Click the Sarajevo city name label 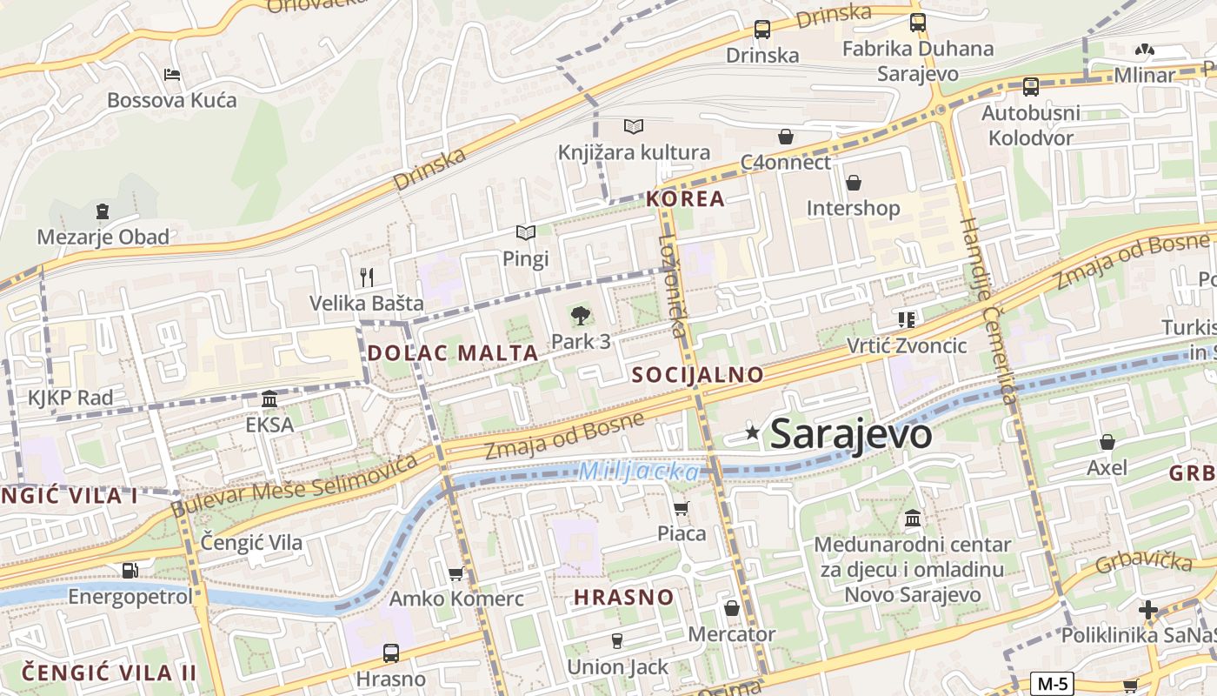(851, 434)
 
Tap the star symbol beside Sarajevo (752, 432)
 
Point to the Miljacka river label (639, 472)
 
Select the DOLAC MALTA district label (453, 353)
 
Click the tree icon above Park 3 (581, 316)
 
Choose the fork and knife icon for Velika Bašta (367, 278)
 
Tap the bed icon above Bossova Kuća (172, 75)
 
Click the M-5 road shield (1052, 683)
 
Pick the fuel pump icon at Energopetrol (130, 571)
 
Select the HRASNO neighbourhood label (623, 598)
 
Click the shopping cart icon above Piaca (682, 507)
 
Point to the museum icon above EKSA (269, 399)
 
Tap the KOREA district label (685, 199)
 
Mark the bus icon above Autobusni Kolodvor (1030, 86)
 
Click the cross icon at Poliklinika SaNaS (1148, 609)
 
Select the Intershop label (853, 209)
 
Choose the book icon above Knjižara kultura (634, 127)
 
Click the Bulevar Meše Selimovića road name (296, 485)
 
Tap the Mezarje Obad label (103, 237)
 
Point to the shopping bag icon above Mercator (732, 608)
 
